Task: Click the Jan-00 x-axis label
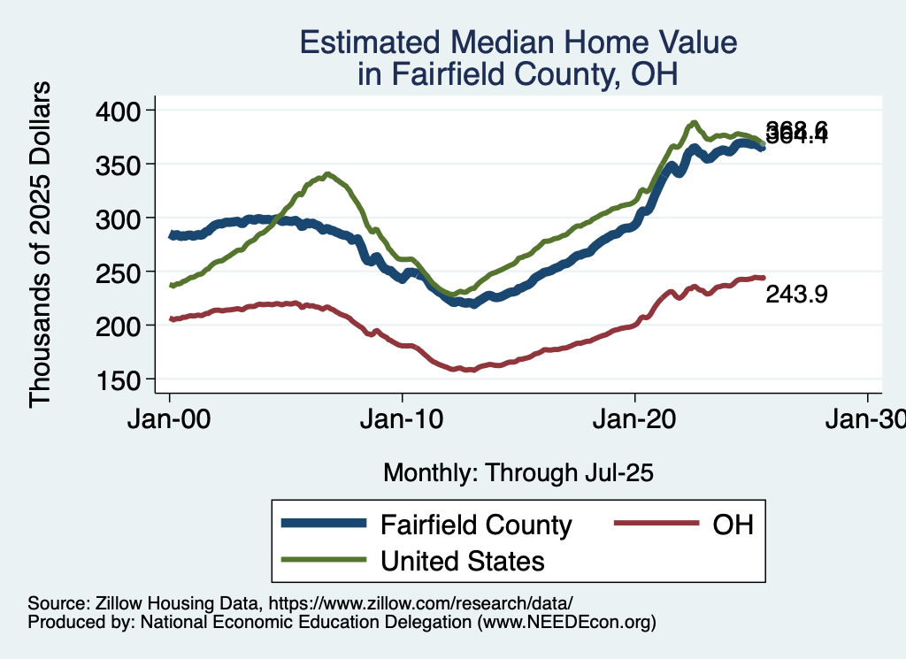click(169, 420)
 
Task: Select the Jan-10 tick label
click(402, 420)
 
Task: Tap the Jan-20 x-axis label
click(635, 420)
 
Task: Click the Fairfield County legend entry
click(476, 525)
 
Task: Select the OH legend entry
click(733, 525)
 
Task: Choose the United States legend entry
click(462, 561)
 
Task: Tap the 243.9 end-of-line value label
click(796, 295)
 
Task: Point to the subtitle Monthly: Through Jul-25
click(518, 473)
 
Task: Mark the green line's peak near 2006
click(327, 174)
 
